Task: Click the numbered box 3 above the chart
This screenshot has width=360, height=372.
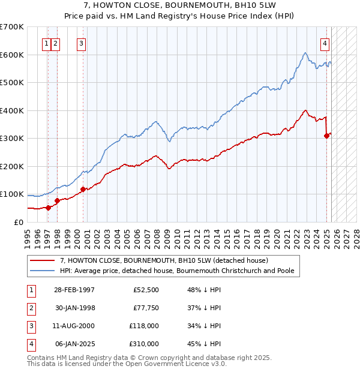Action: click(81, 43)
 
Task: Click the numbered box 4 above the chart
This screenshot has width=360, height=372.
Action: click(325, 43)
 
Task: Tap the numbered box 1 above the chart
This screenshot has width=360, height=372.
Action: click(47, 43)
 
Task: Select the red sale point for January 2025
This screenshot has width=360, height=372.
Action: click(327, 136)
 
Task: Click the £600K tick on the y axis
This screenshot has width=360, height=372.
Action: click(12, 55)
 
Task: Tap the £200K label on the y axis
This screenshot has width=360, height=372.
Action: click(12, 166)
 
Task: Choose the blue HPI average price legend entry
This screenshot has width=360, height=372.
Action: click(176, 271)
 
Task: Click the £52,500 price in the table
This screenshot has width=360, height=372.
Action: click(146, 290)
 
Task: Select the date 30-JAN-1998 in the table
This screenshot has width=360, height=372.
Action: click(74, 308)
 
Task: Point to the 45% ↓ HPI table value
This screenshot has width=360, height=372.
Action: click(204, 344)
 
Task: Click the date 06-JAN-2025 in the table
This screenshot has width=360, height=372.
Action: click(74, 344)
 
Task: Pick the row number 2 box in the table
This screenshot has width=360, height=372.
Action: click(30, 308)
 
